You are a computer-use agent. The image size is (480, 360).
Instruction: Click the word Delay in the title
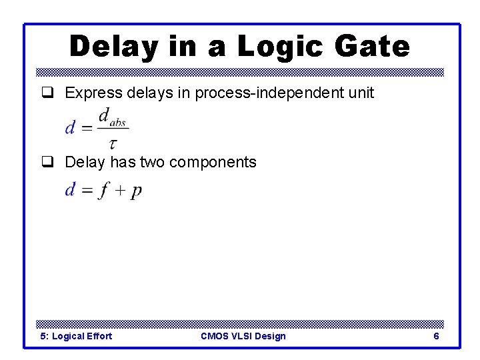[x=113, y=47]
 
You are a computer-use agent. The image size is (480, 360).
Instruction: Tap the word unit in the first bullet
[x=361, y=93]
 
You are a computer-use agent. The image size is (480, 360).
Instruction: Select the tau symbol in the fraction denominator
[x=113, y=143]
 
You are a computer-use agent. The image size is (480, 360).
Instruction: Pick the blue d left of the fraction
[x=69, y=128]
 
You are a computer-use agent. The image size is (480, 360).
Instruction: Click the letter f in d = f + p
[x=104, y=191]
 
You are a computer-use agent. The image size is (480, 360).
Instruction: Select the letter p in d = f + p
[x=136, y=192]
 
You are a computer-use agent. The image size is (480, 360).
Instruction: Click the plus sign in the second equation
[x=120, y=191]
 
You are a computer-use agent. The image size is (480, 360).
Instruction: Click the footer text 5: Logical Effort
[x=76, y=336]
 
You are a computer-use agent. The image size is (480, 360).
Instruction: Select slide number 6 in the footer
[x=436, y=336]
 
